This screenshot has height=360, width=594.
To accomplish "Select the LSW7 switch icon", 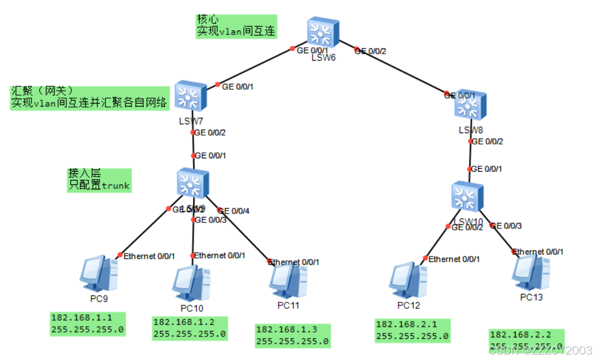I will click(x=190, y=95).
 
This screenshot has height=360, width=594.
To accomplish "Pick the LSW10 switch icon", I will click(x=467, y=196).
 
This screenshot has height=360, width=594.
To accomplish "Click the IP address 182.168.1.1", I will click(x=81, y=318).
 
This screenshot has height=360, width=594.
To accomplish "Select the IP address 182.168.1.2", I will click(x=184, y=323).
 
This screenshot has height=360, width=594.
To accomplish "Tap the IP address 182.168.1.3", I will click(x=287, y=329).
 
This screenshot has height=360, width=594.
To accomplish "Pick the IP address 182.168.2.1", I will click(x=406, y=324).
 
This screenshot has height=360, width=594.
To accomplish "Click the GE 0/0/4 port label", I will click(x=234, y=211).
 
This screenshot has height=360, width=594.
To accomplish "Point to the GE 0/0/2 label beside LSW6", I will click(x=371, y=51).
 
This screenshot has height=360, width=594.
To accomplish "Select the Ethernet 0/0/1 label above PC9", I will click(x=149, y=256).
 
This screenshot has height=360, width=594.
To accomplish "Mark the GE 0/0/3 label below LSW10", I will click(x=506, y=226).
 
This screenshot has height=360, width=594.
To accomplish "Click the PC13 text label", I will click(x=531, y=297).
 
